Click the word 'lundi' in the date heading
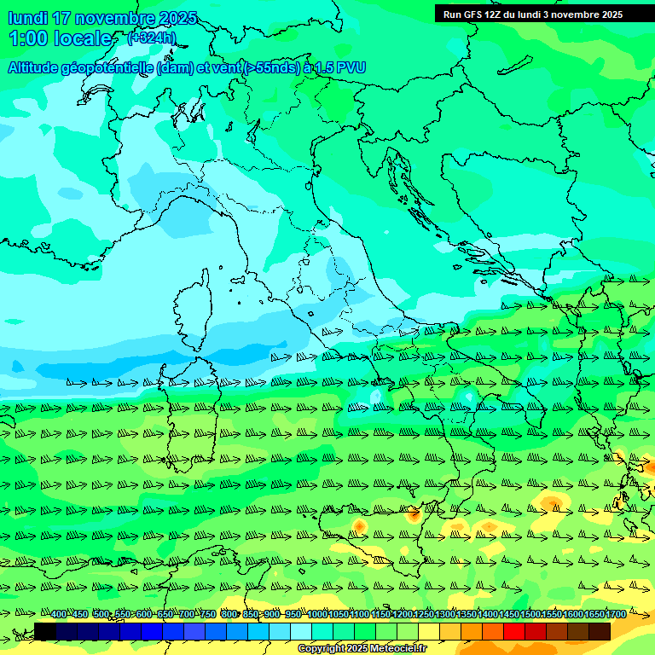[x=28, y=18]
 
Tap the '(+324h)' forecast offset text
[x=151, y=38]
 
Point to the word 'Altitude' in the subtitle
[x=39, y=67]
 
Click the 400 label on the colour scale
[x=59, y=614]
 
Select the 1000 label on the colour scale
[x=316, y=614]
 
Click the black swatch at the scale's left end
[x=45, y=631]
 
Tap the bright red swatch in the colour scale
[x=514, y=631]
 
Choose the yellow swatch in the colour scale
[x=429, y=631]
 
